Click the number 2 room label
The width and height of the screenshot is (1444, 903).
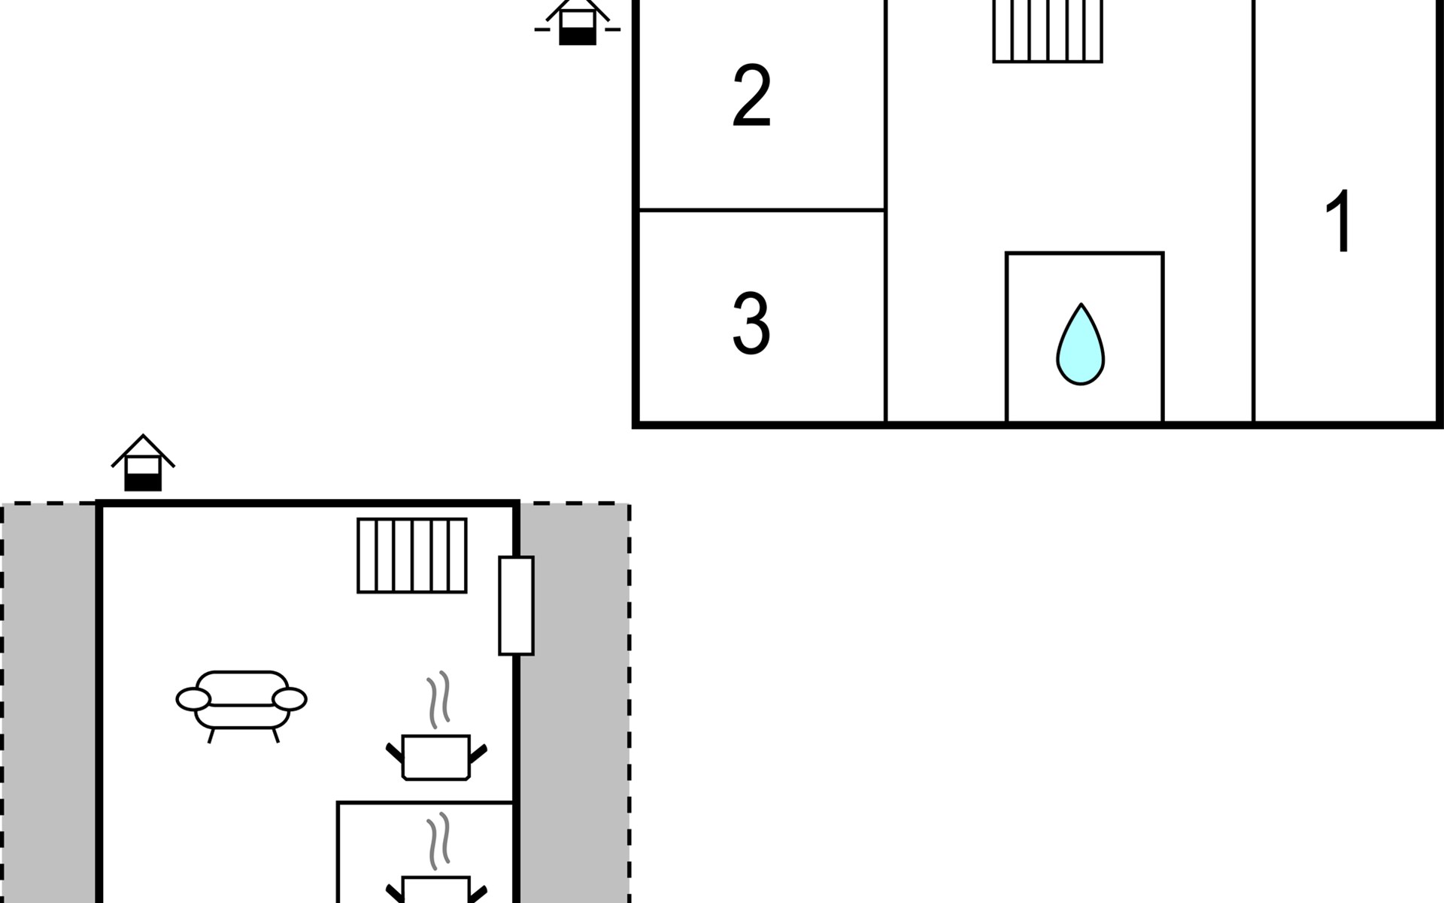(x=751, y=96)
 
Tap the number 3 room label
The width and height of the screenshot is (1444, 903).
(x=751, y=324)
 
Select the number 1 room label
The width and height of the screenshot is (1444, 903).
(x=1339, y=221)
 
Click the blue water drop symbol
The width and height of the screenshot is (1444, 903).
(x=1081, y=345)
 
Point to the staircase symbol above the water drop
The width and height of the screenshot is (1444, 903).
(x=1048, y=31)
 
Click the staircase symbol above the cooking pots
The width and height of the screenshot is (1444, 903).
(x=412, y=555)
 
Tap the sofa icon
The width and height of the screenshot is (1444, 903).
(x=241, y=706)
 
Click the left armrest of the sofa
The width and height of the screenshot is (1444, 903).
(x=193, y=699)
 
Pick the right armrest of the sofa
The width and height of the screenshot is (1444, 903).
(x=290, y=699)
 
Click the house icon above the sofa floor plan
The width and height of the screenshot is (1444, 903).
(x=143, y=463)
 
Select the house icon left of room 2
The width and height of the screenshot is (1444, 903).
(x=578, y=23)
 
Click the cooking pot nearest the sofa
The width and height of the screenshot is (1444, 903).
(x=436, y=757)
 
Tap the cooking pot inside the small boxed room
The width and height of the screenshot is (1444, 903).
(x=436, y=889)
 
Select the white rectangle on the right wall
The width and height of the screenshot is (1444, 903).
(x=517, y=606)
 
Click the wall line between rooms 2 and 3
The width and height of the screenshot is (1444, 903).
(x=761, y=210)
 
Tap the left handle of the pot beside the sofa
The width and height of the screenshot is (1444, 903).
(x=395, y=752)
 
